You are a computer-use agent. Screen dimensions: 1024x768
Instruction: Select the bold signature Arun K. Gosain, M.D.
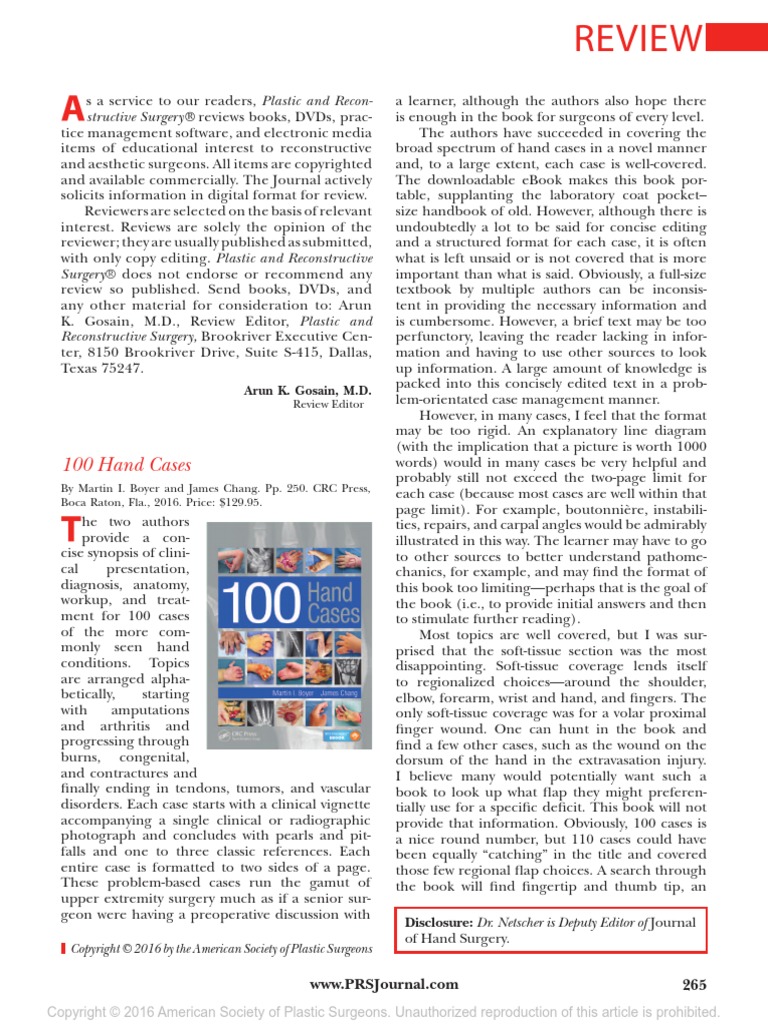307,390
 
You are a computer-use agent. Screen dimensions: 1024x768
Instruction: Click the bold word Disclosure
440,922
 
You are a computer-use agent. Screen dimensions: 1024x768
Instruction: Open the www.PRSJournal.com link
384,984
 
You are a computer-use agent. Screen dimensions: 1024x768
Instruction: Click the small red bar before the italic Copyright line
63,948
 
